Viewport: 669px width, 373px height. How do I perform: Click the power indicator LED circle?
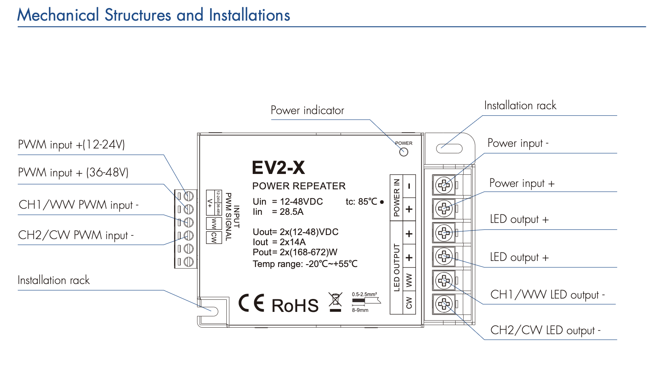click(x=404, y=152)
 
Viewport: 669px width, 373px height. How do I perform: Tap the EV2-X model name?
click(x=278, y=167)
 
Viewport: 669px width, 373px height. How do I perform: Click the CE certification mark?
click(x=251, y=303)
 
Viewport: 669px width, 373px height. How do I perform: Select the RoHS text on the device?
click(x=295, y=306)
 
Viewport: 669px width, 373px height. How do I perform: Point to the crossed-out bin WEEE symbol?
click(x=335, y=301)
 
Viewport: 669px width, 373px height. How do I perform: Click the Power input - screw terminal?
click(x=444, y=185)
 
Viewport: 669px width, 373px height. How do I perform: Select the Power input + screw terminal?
click(x=444, y=209)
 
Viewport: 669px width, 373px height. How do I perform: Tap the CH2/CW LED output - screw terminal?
click(x=444, y=303)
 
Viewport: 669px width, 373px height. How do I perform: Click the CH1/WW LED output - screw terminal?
click(x=444, y=280)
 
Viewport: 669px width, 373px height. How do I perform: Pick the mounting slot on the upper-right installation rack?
click(x=449, y=148)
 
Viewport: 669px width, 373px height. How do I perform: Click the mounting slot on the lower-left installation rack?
click(x=211, y=311)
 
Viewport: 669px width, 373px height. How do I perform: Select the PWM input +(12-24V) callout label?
click(x=71, y=144)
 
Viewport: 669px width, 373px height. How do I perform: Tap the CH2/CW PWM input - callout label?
click(x=76, y=235)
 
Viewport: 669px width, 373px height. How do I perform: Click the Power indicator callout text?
click(x=307, y=110)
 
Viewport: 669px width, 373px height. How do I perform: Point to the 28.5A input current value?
click(x=292, y=212)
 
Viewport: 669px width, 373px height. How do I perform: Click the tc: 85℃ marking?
click(x=361, y=201)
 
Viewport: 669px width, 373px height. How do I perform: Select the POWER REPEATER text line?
click(x=299, y=186)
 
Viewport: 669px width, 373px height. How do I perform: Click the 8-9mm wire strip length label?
click(x=360, y=310)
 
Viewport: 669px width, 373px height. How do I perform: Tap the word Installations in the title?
click(x=249, y=15)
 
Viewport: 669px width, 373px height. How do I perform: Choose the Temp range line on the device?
click(x=305, y=264)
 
